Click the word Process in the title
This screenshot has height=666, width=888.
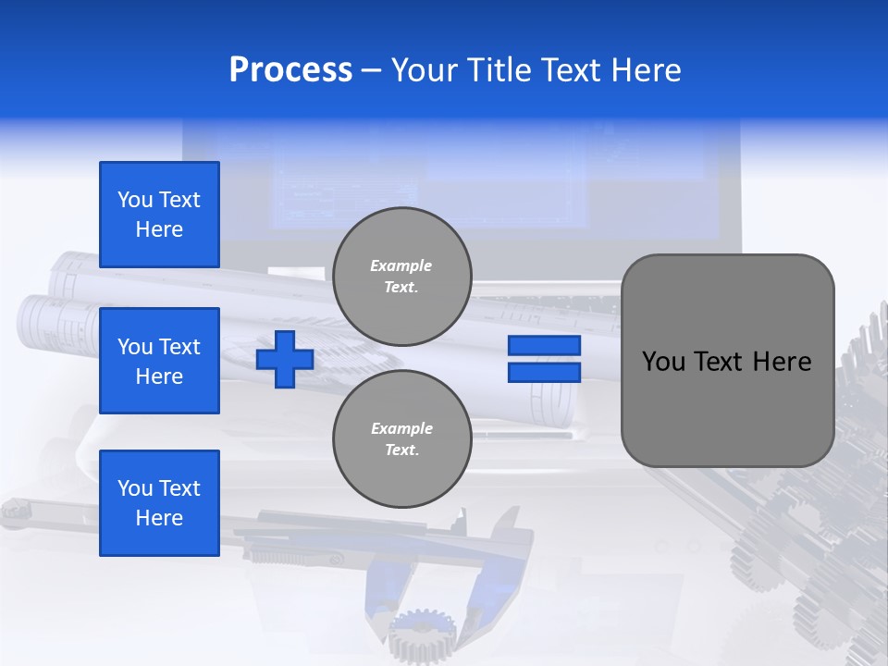coord(290,70)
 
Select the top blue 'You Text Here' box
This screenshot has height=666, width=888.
coord(159,215)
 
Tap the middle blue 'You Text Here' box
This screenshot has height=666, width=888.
coord(159,361)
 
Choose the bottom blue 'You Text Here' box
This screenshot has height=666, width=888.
coord(159,503)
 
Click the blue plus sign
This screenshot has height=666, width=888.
coord(285,359)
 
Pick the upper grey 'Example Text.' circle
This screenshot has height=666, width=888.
coord(401,276)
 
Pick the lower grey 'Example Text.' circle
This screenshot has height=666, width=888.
coord(401,438)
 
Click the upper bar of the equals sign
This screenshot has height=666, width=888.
coord(544,346)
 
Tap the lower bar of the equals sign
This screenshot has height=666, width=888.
coord(544,373)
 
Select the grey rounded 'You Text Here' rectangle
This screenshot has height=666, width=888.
coord(727,361)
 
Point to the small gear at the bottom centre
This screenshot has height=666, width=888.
coord(422,634)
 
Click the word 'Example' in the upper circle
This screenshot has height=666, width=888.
coord(401,265)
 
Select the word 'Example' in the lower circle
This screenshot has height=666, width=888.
coord(401,428)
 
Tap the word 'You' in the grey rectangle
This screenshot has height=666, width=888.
coord(663,362)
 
